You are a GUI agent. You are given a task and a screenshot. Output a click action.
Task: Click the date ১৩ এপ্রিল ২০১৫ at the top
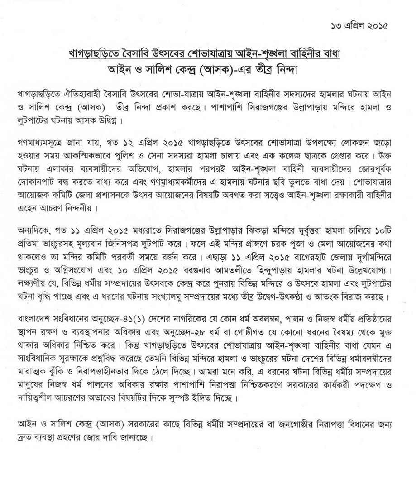click(x=359, y=25)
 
